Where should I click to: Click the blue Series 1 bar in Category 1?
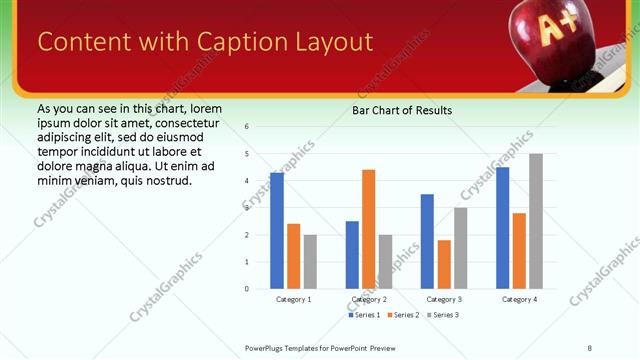click(x=277, y=231)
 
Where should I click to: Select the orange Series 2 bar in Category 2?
click(x=368, y=229)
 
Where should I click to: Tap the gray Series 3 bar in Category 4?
click(x=536, y=221)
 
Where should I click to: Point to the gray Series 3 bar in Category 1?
click(x=310, y=262)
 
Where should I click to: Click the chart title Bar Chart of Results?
click(x=401, y=110)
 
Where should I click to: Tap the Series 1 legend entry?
click(x=364, y=315)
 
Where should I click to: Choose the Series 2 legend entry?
click(x=402, y=315)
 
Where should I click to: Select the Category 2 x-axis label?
click(x=369, y=299)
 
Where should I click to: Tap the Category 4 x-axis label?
click(x=519, y=299)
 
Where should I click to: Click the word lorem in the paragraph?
click(x=205, y=108)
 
